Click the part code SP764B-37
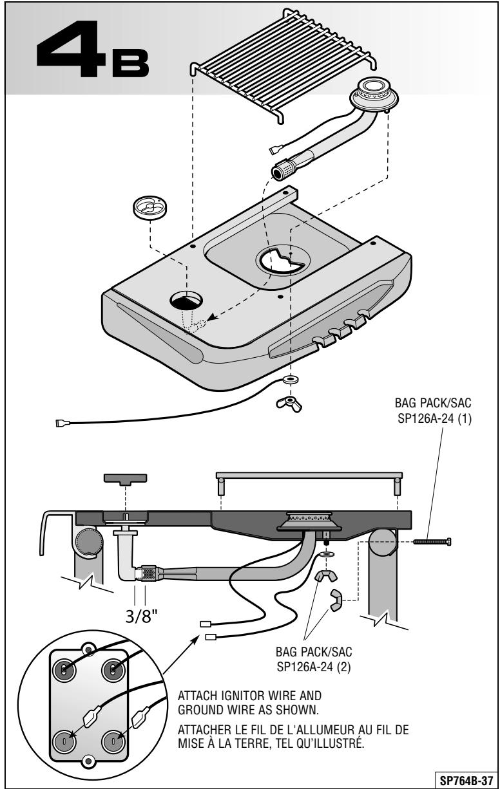coord(466,779)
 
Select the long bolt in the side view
coord(432,541)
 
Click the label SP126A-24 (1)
coord(434,419)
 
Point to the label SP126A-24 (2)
coord(314,667)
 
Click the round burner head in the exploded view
coord(374,95)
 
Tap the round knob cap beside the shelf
coord(150,208)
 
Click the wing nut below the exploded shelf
coord(289,404)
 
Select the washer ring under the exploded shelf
coord(291,380)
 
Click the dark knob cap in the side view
coord(125,479)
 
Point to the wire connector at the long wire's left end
coord(61,423)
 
